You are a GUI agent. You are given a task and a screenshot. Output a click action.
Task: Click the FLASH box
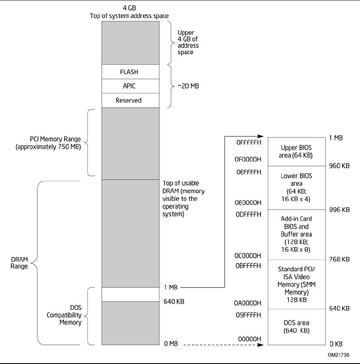129,72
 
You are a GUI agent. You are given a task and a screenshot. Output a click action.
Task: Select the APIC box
129,86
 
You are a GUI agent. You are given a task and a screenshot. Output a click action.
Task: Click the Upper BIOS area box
296,152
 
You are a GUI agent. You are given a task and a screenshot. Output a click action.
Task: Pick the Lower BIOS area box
296,187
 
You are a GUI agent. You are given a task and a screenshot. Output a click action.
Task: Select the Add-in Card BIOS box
296,234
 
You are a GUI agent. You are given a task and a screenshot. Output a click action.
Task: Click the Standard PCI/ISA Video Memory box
296,284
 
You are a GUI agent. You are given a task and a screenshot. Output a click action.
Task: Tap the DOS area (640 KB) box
296,327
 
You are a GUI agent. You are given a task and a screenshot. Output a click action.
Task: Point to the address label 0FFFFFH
248,143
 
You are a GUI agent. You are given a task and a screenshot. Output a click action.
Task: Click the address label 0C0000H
248,256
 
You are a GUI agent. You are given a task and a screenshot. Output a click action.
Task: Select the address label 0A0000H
248,303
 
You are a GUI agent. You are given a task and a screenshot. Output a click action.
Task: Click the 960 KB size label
340,167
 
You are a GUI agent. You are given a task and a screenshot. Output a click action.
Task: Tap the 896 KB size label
340,210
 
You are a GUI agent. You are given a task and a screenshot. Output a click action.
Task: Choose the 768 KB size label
340,259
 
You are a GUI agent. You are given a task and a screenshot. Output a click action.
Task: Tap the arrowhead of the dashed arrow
262,345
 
